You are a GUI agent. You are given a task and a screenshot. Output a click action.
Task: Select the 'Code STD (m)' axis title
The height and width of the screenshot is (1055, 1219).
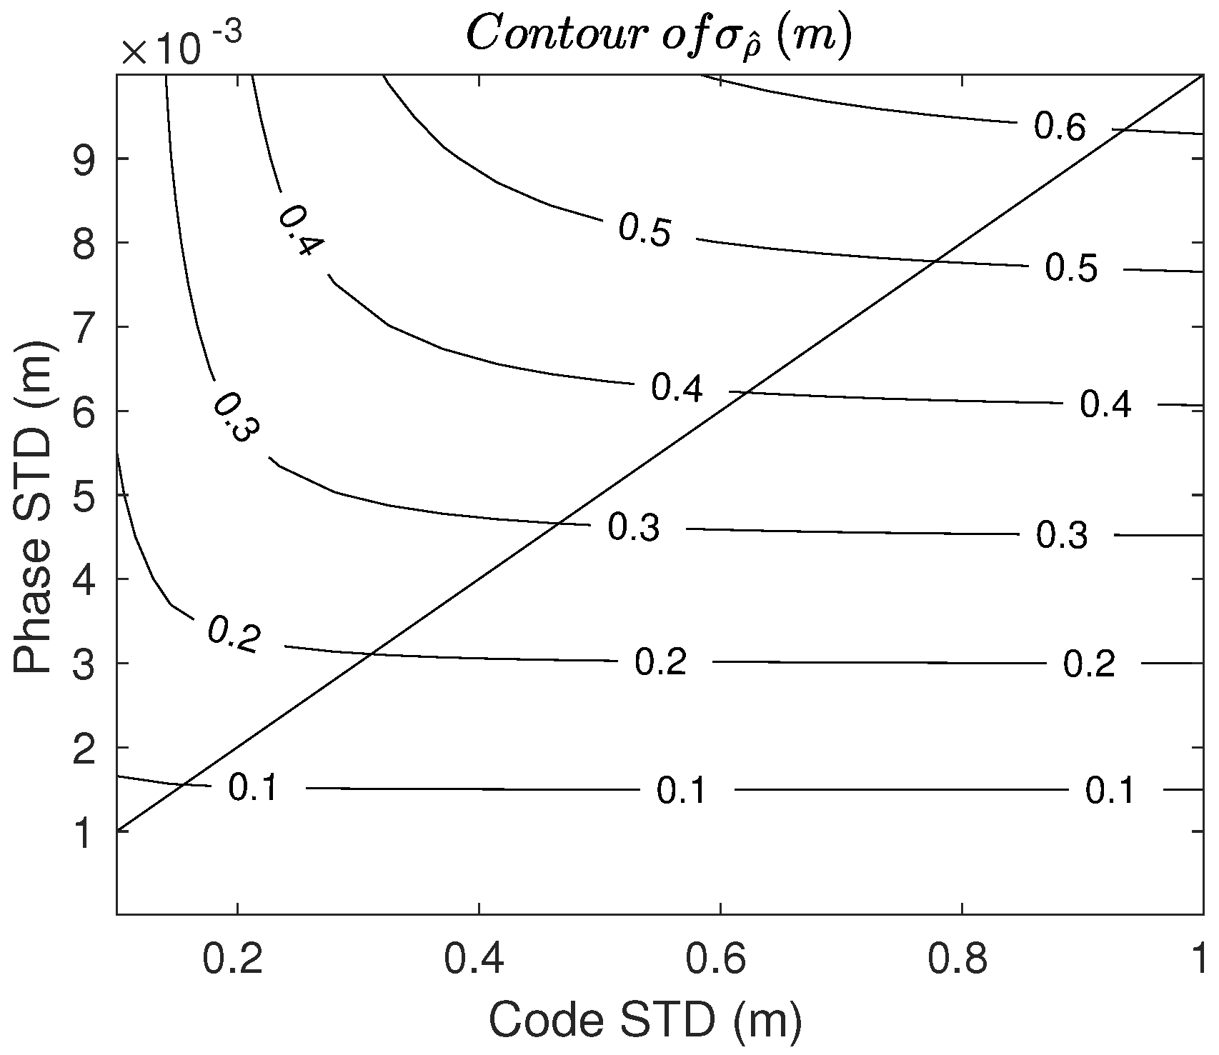point(645,1021)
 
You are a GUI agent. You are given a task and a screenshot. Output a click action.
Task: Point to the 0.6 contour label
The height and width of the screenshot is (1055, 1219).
point(1060,127)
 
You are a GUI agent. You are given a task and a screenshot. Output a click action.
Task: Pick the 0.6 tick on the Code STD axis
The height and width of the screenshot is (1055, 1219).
point(721,960)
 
